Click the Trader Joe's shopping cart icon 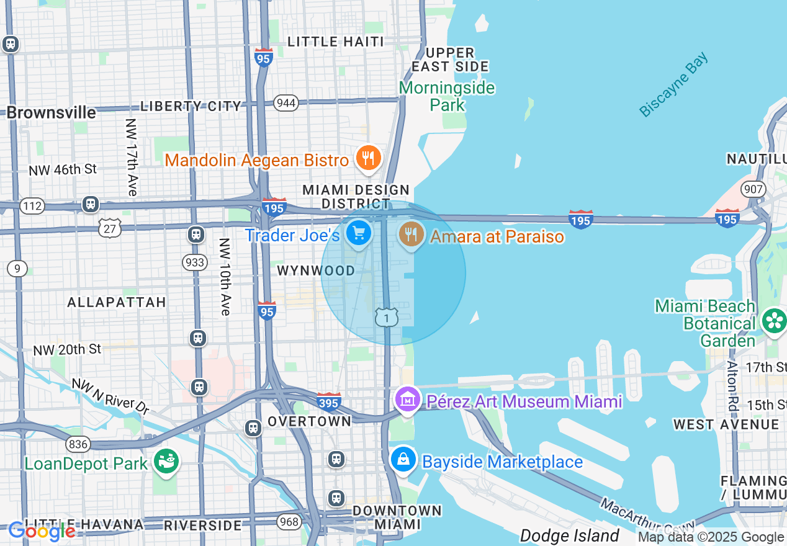(x=359, y=234)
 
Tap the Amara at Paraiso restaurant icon (x=410, y=234)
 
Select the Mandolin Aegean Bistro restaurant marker (x=368, y=158)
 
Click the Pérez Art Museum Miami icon (x=407, y=399)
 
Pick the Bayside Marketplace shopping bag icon (x=403, y=460)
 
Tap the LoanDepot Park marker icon (x=166, y=462)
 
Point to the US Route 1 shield (x=386, y=318)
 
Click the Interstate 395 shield (x=328, y=402)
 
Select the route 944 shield (x=286, y=103)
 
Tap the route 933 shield (x=195, y=262)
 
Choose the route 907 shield (x=753, y=189)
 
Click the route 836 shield (x=79, y=444)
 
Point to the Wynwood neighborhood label (x=316, y=271)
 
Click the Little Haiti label (x=336, y=42)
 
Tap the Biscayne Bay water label (x=674, y=85)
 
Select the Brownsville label (x=52, y=112)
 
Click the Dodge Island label (x=569, y=535)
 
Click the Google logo (x=42, y=531)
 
